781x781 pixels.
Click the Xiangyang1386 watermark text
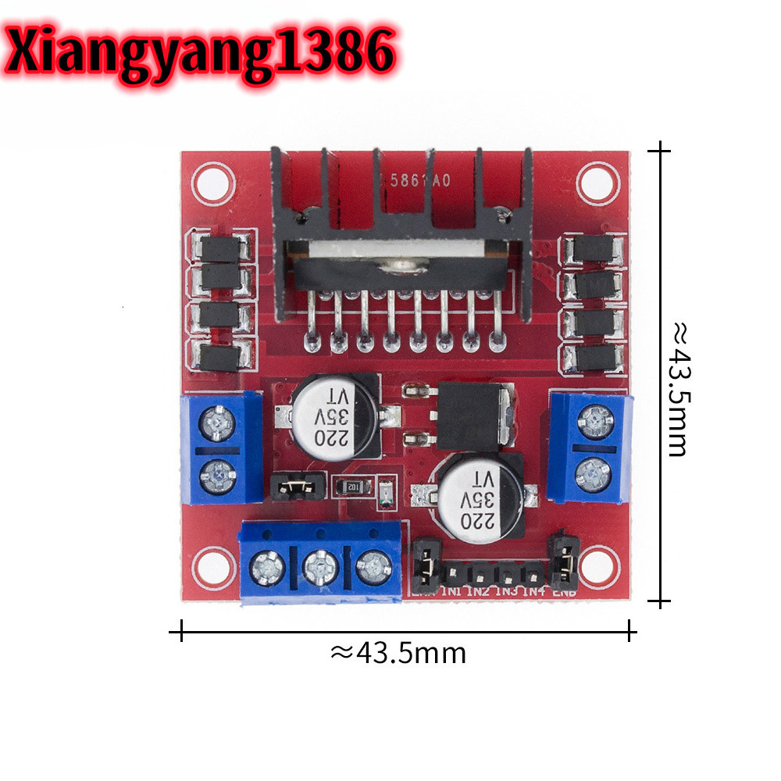[x=201, y=48]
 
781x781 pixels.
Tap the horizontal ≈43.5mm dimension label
[x=398, y=652]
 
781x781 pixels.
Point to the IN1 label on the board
[x=452, y=591]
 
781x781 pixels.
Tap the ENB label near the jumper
[x=564, y=591]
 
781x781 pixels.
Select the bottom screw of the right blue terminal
[x=594, y=473]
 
